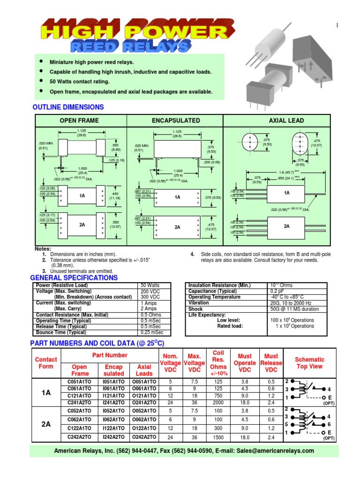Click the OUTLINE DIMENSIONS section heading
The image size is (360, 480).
click(x=68, y=107)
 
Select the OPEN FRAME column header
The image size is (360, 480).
click(x=79, y=120)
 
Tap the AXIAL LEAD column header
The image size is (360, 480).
click(x=286, y=120)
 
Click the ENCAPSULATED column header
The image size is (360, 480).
click(x=176, y=120)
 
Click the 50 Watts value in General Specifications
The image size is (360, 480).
click(x=150, y=285)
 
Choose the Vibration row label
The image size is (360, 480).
click(x=199, y=303)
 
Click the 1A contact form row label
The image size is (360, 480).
click(x=46, y=393)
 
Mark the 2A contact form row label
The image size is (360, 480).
click(x=46, y=425)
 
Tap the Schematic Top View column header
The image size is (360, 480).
click(x=309, y=363)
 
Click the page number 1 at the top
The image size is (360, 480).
click(x=337, y=26)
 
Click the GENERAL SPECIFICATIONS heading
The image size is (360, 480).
click(x=74, y=278)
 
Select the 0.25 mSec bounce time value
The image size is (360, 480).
click(x=152, y=332)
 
